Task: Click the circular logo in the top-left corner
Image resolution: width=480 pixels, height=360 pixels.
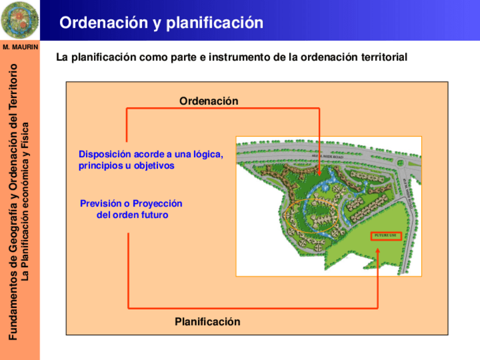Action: tap(20, 19)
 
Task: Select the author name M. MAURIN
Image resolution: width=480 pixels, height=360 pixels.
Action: tap(20, 47)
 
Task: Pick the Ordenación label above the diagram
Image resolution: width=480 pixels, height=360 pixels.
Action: tap(209, 101)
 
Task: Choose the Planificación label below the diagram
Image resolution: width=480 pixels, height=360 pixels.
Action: tap(207, 322)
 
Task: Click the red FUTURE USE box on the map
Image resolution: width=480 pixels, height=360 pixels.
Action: tap(386, 236)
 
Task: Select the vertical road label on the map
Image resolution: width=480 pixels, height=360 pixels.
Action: tap(408, 187)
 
